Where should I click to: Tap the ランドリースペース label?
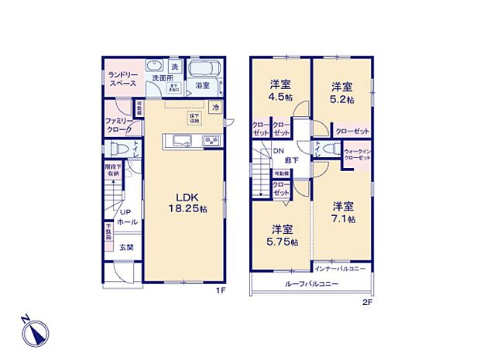122,77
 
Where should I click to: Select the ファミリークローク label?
120,126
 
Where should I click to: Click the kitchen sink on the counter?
180,140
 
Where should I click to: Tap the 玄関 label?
126,247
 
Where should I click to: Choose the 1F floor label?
219,290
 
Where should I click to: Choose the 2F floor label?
368,302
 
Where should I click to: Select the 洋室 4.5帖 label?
279,91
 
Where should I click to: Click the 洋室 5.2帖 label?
343,92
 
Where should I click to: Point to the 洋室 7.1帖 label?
344,212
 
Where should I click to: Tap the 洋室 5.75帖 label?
282,235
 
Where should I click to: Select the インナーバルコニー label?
341,269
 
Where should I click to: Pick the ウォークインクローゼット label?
356,154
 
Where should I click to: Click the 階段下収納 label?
114,170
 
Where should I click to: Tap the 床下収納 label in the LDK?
194,118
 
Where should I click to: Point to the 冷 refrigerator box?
216,107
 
